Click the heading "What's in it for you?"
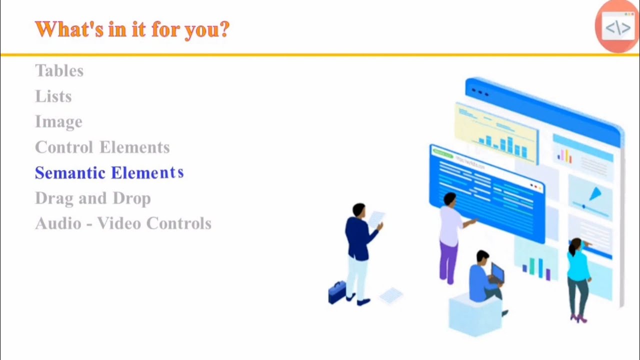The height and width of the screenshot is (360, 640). [132, 30]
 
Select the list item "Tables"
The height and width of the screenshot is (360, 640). [59, 71]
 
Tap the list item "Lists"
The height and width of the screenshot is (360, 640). [53, 96]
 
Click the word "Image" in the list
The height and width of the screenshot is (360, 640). [58, 122]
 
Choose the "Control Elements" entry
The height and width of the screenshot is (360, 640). [102, 147]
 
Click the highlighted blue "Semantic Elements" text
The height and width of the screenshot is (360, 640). [109, 173]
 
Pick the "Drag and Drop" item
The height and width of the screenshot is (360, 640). [92, 198]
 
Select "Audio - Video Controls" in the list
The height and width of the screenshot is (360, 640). [123, 223]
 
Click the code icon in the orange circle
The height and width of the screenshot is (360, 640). [617, 27]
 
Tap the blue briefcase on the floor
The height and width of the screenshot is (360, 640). [337, 292]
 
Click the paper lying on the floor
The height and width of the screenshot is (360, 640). [391, 295]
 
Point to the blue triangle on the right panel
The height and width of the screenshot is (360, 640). [595, 194]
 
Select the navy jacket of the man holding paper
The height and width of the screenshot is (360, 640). [357, 235]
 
